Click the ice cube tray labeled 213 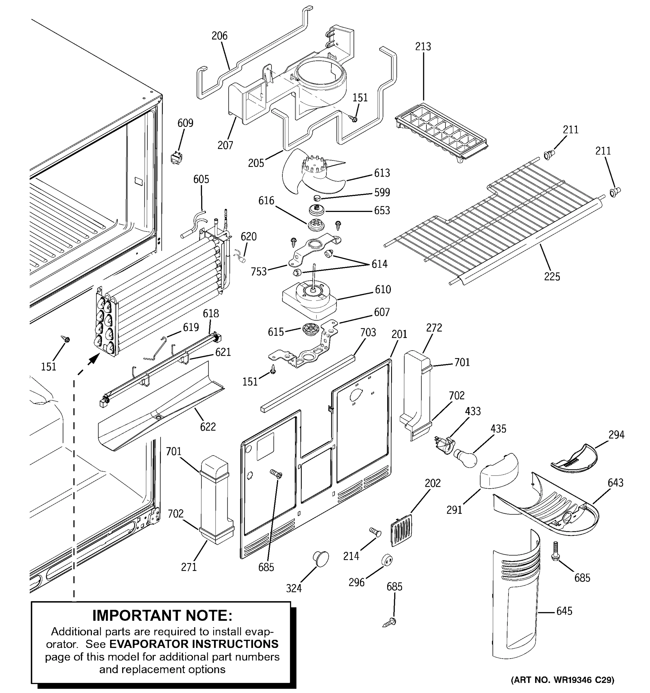[x=441, y=133]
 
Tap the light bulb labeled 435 [x=465, y=458]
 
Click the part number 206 [x=219, y=36]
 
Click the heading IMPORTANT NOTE [x=162, y=616]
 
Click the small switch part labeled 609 [x=177, y=158]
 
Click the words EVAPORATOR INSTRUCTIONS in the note [x=194, y=644]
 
